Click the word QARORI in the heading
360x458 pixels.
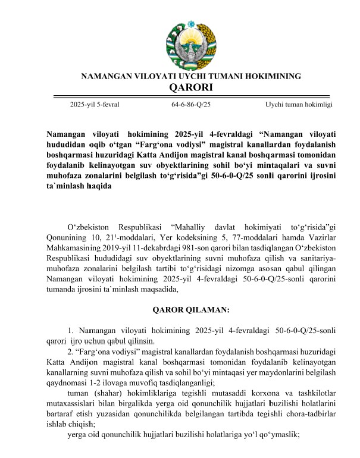(x=190, y=88)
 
